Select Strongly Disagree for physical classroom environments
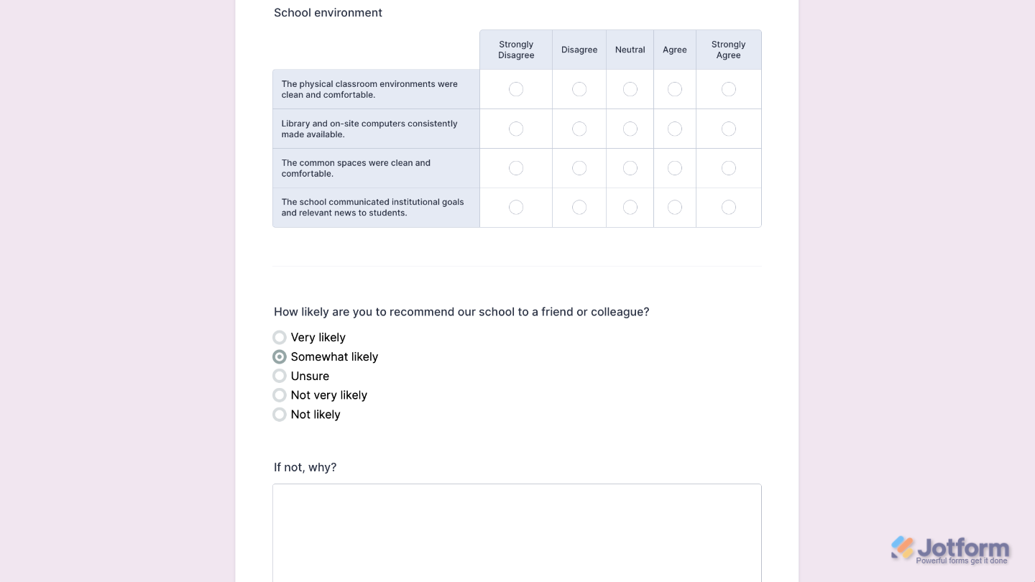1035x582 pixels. [x=516, y=89]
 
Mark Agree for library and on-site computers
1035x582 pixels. [x=674, y=129]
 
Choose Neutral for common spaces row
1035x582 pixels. [x=630, y=168]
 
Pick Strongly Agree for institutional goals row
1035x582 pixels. [x=728, y=207]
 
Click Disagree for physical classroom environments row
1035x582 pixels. [x=579, y=89]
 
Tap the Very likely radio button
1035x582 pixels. [x=280, y=338]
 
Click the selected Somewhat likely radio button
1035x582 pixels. [x=280, y=357]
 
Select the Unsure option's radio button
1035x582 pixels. [x=280, y=376]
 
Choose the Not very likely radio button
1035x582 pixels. [x=280, y=395]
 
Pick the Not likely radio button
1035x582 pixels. [x=280, y=415]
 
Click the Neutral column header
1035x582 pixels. [x=630, y=50]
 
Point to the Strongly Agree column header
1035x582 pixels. [x=728, y=50]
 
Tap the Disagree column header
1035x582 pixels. [x=579, y=50]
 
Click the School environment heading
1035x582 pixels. [x=328, y=13]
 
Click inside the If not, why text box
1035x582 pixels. [x=517, y=532]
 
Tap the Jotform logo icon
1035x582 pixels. [x=903, y=548]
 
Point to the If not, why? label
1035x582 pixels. [x=305, y=467]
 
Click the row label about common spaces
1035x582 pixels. [x=356, y=168]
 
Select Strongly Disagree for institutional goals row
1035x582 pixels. [x=516, y=207]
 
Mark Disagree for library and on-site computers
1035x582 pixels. [x=579, y=129]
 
